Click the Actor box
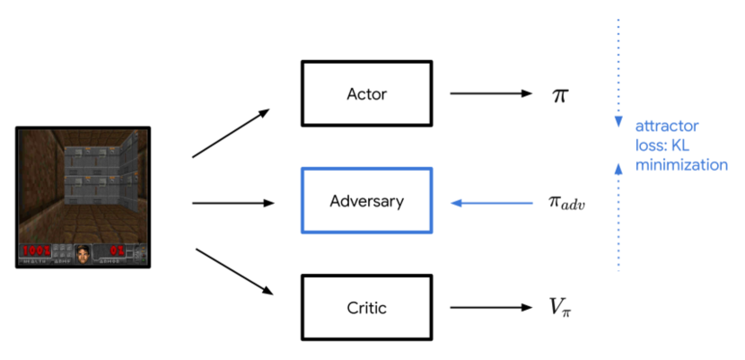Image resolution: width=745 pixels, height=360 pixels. point(366,93)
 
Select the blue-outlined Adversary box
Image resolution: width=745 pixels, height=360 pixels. point(366,201)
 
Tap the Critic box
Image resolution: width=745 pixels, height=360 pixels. point(366,308)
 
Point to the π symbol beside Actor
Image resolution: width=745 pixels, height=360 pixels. point(559,94)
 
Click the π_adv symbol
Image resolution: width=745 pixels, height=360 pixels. point(566,203)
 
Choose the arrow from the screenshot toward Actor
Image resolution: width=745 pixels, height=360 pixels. point(231,134)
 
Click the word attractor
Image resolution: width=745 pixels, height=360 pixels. point(666,127)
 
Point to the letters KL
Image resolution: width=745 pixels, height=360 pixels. point(683,145)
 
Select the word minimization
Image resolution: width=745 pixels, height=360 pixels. point(681,164)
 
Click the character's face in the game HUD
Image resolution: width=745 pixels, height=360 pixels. point(83,253)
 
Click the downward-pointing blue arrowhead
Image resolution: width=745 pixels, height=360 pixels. point(618,123)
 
